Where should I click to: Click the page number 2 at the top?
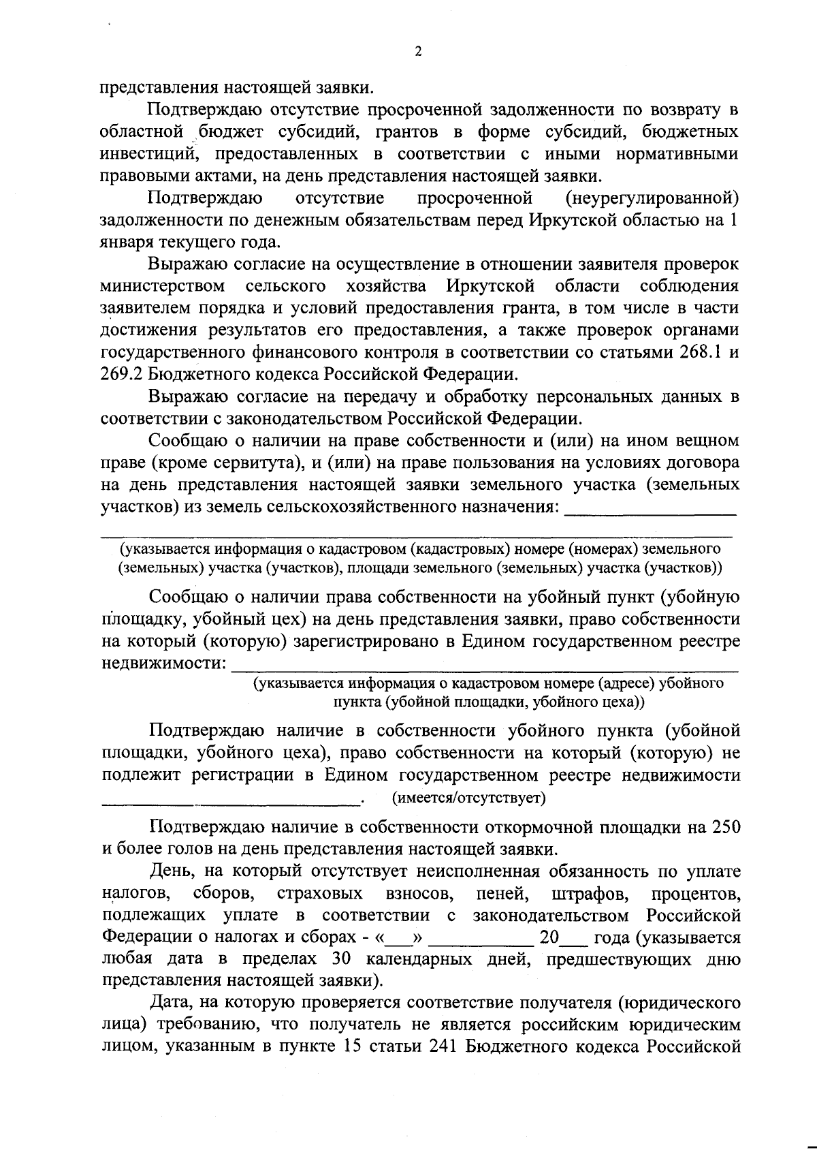[418, 52]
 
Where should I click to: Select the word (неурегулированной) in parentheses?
[652, 198]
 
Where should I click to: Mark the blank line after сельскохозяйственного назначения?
[652, 512]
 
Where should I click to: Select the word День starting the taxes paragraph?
[174, 871]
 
